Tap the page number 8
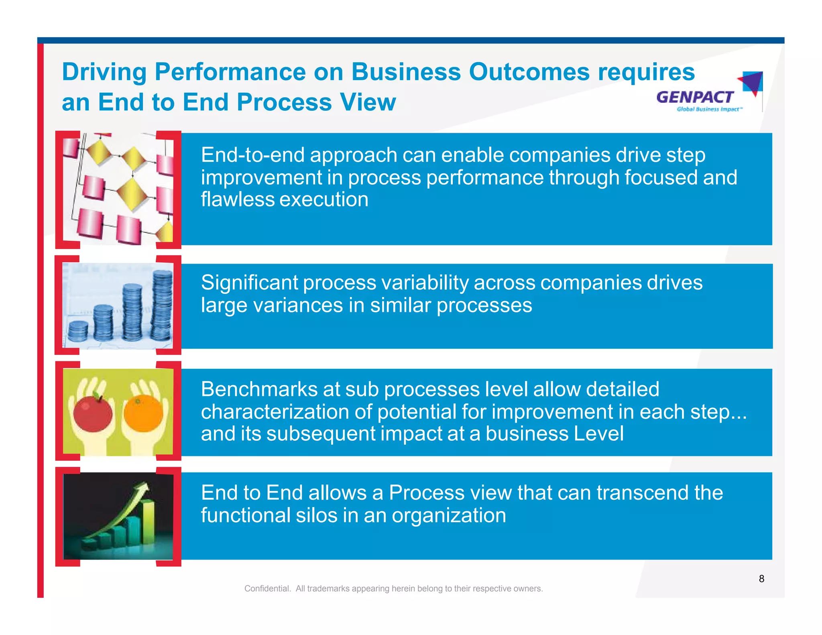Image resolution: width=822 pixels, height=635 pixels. pos(761,578)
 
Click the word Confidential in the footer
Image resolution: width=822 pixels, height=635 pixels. pos(267,588)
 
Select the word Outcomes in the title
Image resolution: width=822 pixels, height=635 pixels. pos(529,72)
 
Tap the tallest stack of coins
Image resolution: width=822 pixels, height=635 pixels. pos(162,305)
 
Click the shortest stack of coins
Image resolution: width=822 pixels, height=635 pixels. pos(78,332)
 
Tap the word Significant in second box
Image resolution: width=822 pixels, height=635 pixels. pos(249,283)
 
